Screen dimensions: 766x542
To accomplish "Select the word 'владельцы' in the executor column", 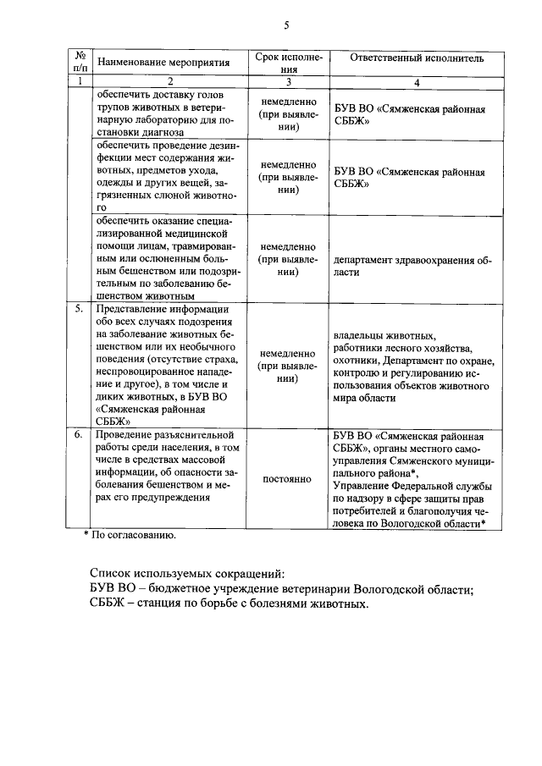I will (359, 334).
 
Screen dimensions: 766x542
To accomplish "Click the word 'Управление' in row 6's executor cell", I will (364, 485).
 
